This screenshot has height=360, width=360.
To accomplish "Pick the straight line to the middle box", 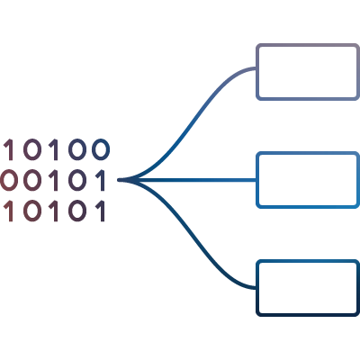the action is click(x=187, y=180).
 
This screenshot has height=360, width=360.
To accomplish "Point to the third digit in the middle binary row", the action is click(x=54, y=180).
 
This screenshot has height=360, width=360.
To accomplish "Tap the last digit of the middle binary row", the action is click(x=102, y=180).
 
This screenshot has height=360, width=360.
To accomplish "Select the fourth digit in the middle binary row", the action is click(x=77, y=180).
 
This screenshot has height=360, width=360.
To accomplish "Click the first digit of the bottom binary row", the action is click(x=9, y=211).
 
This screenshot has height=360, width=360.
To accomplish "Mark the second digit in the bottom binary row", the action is click(x=31, y=211).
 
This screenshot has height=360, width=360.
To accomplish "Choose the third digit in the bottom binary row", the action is click(x=54, y=211).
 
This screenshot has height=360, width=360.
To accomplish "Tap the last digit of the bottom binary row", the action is click(x=102, y=211).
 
